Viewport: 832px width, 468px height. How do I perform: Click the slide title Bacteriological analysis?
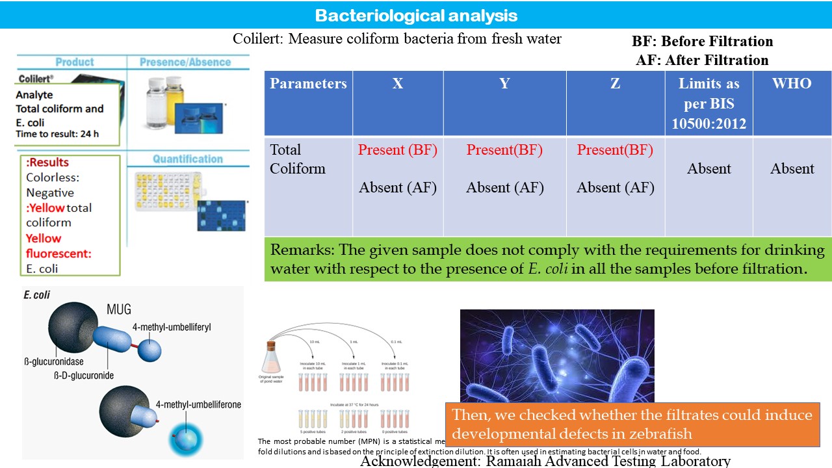click(416, 15)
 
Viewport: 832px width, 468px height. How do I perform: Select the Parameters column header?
click(308, 84)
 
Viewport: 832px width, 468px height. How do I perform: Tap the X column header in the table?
click(398, 84)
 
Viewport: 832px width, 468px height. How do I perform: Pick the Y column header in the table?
click(504, 84)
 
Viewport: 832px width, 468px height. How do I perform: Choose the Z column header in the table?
click(615, 84)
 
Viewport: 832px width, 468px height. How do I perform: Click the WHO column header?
click(792, 84)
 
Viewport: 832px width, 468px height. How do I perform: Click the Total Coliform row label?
click(298, 159)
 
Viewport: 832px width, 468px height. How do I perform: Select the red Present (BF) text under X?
click(398, 150)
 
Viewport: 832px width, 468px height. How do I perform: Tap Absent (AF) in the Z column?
click(616, 188)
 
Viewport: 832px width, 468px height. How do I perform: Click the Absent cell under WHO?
click(792, 169)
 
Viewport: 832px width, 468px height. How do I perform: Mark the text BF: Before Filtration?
click(702, 42)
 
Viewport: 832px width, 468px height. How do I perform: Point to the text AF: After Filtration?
click(702, 60)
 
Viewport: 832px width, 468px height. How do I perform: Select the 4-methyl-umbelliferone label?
click(198, 404)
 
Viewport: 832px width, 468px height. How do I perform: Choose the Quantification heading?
click(188, 159)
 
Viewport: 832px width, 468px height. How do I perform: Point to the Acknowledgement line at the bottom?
click(545, 461)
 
